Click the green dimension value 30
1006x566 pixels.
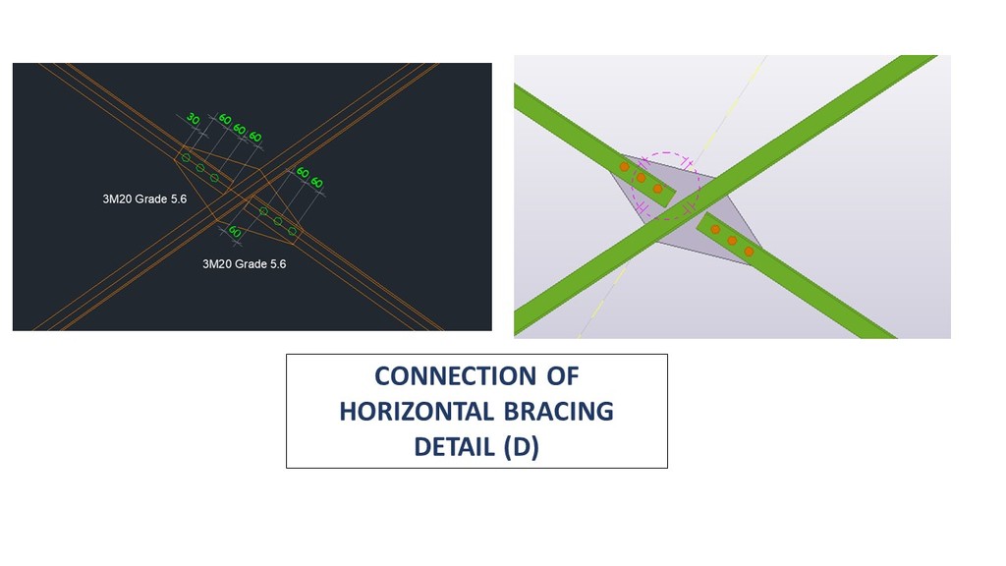(x=193, y=119)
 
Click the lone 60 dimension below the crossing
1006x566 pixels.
(x=235, y=231)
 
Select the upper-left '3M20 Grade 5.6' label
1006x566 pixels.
(x=144, y=198)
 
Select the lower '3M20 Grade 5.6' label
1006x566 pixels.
(x=244, y=263)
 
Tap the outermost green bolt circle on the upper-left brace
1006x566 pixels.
(x=186, y=157)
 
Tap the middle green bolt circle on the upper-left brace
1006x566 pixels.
(x=200, y=167)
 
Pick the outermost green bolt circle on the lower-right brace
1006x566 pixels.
(x=293, y=231)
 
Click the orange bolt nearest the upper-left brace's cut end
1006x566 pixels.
(x=657, y=189)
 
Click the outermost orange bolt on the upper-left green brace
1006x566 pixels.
(x=624, y=167)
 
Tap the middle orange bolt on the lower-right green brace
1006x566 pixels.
(x=732, y=241)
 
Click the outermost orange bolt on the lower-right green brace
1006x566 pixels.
(x=749, y=252)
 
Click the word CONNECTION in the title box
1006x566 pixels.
(x=455, y=376)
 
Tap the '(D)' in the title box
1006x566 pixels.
(x=521, y=447)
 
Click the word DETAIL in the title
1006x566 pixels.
(x=454, y=447)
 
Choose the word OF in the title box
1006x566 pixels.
(x=563, y=376)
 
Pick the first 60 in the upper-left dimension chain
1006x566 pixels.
(x=225, y=119)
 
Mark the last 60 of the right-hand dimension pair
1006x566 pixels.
(x=317, y=183)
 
